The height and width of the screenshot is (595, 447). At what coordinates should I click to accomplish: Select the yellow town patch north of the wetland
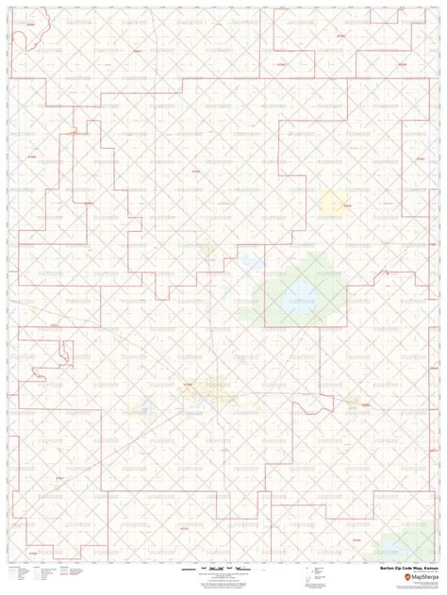(334, 200)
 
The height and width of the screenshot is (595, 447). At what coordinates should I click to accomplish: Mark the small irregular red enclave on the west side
(63, 354)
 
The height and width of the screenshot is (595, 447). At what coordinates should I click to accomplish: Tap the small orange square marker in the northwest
(73, 124)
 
